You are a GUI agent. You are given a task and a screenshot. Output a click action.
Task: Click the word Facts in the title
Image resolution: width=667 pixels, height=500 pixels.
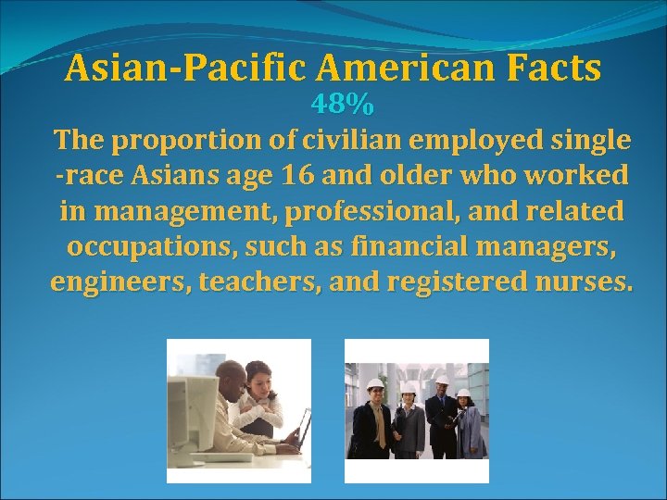point(553,68)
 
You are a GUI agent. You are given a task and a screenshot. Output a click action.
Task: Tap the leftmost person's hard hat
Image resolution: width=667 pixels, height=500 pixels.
point(375,383)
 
